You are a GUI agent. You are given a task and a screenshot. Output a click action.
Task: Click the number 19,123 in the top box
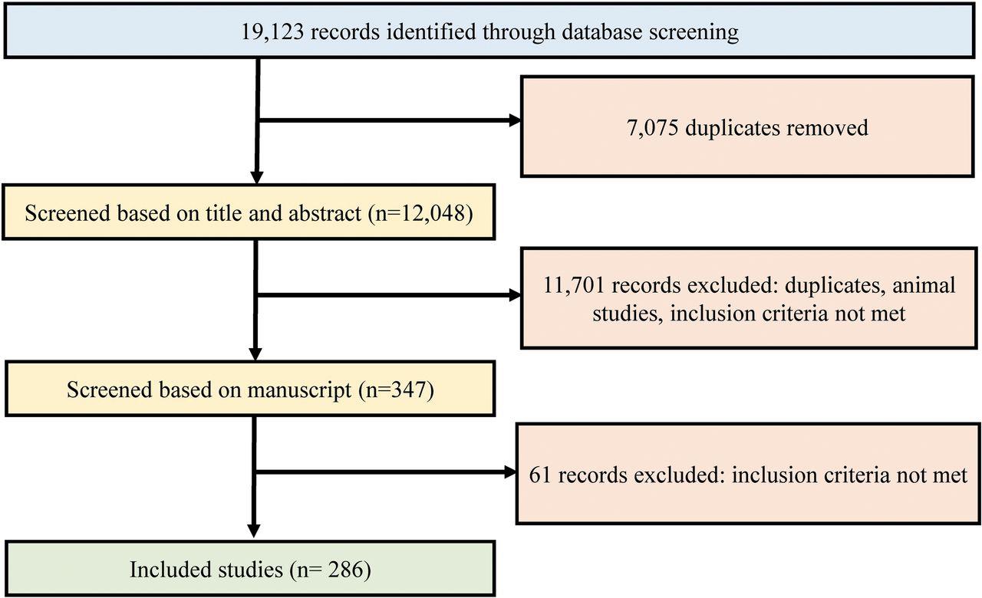pos(272,32)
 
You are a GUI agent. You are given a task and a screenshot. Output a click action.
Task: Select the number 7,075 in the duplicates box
pos(652,128)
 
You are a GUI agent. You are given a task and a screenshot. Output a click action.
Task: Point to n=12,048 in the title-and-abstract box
pos(421,213)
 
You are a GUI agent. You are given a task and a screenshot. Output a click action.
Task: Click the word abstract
pos(324,213)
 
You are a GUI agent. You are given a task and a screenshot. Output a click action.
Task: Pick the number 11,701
pos(573,286)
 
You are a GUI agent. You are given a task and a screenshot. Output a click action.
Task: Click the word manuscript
pos(299,390)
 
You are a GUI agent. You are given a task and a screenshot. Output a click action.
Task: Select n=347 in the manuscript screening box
pos(397,390)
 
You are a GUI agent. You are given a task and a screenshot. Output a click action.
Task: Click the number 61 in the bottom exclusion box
pos(539,475)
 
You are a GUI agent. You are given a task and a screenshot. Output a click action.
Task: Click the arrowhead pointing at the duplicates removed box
pos(515,120)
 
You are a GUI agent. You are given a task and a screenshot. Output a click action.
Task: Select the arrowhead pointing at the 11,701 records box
pos(515,295)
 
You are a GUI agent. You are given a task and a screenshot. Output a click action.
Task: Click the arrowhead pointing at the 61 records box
pos(511,472)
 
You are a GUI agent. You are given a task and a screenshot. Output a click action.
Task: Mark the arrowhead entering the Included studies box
pos(253,531)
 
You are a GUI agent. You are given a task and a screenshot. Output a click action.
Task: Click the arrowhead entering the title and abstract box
pos(256,177)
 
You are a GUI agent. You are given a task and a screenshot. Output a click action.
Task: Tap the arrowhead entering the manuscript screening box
pos(255,354)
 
